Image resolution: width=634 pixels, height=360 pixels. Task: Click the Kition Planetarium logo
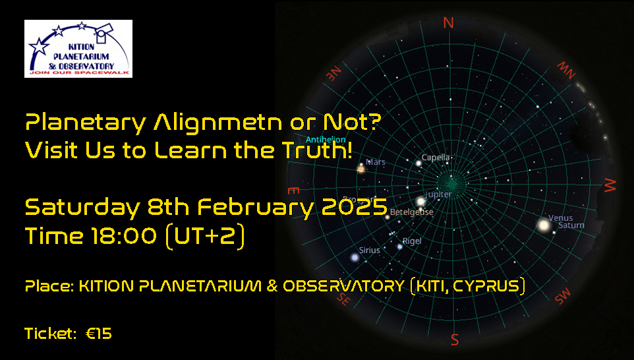pos(78,48)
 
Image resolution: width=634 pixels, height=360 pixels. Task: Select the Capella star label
pos(436,158)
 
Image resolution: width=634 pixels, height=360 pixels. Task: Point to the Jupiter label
pos(439,195)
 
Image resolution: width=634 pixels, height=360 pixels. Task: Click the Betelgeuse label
pos(412,212)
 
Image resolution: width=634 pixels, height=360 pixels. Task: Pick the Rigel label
pos(412,241)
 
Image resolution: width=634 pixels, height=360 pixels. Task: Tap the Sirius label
pos(370,250)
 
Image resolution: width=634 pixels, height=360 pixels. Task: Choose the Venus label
pos(561,218)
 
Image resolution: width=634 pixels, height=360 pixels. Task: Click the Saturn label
pos(571,225)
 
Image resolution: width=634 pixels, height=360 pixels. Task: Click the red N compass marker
pos(449,23)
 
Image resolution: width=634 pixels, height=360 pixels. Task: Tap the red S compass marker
pos(454,340)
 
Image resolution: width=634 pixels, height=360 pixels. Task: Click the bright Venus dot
pos(544,225)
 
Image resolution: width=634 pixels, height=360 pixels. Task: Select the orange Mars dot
pos(361,169)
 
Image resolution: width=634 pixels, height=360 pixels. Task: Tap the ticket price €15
pos(99,334)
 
